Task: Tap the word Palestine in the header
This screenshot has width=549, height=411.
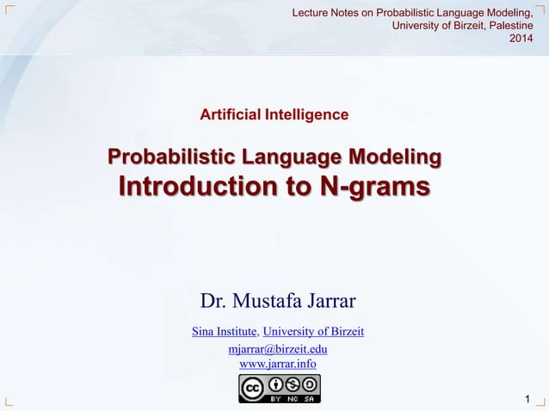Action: click(507, 25)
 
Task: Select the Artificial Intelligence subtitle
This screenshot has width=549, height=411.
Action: click(274, 113)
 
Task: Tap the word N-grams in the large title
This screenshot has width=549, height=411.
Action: click(373, 187)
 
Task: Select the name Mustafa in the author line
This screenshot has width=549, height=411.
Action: click(270, 301)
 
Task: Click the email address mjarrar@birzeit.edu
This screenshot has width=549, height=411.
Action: click(277, 349)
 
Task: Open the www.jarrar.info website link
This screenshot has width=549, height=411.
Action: click(277, 364)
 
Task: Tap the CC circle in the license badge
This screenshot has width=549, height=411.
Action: click(252, 387)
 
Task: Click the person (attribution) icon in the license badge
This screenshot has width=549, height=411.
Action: click(274, 383)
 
